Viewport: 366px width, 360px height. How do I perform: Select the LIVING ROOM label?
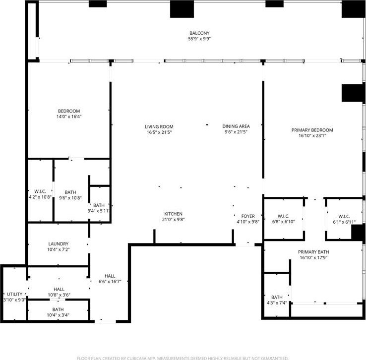159,126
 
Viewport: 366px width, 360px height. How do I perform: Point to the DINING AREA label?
236,126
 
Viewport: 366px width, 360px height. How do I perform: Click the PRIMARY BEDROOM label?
312,130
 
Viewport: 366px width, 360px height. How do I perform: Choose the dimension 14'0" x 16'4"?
68,117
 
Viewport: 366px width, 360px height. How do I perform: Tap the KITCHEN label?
174,213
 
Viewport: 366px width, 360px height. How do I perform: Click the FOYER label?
248,216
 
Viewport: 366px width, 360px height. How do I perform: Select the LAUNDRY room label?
58,244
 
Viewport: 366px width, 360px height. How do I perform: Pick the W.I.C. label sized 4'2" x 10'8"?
40,191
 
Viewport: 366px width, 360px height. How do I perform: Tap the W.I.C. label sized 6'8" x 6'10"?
283,216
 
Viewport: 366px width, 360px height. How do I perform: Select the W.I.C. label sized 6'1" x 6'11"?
344,216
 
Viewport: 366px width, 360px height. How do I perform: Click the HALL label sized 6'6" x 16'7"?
110,276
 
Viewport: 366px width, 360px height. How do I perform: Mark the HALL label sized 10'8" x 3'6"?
59,289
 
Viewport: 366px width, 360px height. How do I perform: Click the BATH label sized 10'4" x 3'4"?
58,309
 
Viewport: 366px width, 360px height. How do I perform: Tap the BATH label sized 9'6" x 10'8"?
71,192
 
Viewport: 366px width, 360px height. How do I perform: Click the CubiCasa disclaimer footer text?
183,358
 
